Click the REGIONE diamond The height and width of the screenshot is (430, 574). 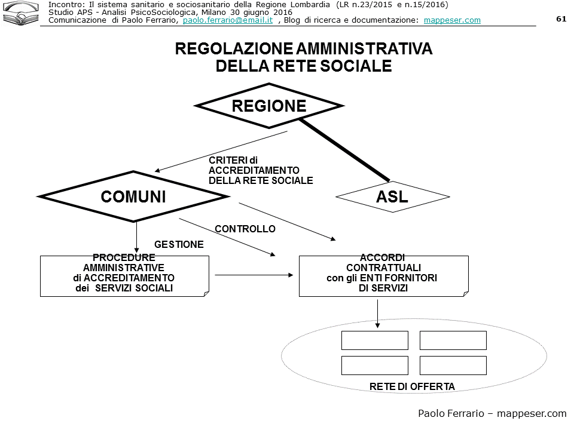coord(269,106)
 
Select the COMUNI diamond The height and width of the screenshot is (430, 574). coord(133,196)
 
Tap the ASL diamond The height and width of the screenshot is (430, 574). coord(392,196)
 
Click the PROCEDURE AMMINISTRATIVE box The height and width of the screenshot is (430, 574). coord(124,275)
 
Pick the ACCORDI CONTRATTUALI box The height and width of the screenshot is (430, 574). coord(383,275)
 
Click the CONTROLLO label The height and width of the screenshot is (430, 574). coord(245,229)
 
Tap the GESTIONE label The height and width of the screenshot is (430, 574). coord(179,244)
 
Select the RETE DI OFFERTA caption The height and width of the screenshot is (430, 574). coord(412,386)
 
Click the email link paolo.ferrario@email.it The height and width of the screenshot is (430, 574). coord(228,20)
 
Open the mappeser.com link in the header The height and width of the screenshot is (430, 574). coord(452,20)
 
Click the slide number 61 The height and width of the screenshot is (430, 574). coord(561,19)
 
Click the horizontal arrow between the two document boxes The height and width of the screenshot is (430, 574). coord(254,275)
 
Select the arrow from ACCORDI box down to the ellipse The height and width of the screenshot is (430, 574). coord(377,313)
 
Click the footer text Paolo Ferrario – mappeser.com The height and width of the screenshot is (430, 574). coord(491,413)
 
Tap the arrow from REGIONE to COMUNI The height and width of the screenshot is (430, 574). coord(221,152)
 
